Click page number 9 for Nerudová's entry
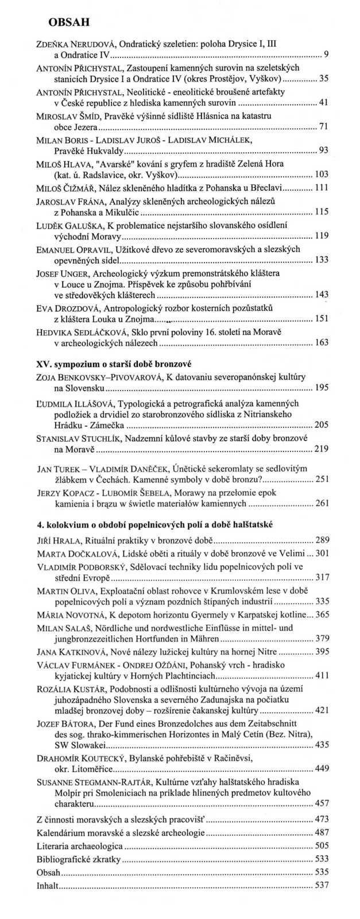pyautogui.click(x=326, y=55)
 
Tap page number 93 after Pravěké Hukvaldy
pyautogui.click(x=323, y=151)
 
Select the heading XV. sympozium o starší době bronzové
pyautogui.click(x=113, y=364)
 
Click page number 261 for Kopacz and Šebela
pyautogui.click(x=322, y=503)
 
